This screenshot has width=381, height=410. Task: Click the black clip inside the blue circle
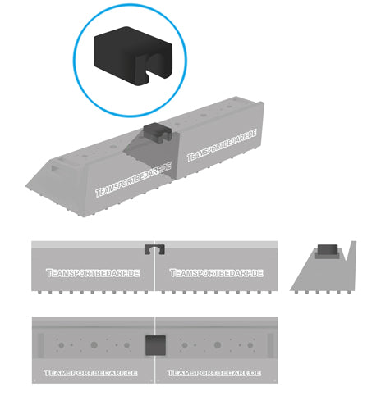pos(133,55)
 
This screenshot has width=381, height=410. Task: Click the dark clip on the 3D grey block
pos(158,132)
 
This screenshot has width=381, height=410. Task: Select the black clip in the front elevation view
pos(154,249)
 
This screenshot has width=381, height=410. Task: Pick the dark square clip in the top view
pos(155,345)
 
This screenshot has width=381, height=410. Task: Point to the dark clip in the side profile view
pos(328,249)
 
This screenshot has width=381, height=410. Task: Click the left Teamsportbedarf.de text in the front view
pos(93,273)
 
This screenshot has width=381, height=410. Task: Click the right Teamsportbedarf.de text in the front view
pos(217,273)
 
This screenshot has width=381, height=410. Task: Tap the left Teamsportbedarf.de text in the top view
pos(90,373)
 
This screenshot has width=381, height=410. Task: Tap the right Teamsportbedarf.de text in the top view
pos(214,373)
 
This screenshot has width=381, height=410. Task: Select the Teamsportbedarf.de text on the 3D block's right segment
pos(222,145)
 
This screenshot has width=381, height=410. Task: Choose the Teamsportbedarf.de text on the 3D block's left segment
pos(133,180)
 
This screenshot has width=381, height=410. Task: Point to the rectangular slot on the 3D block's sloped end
pos(55,168)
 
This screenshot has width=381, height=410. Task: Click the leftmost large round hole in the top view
pos(62,345)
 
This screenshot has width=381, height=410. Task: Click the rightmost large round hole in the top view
pos(250,345)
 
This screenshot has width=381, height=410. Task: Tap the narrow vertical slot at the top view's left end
pos(40,345)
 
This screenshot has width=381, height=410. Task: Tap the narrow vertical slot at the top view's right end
pos(270,345)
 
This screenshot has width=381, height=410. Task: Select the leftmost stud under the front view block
pos(39,293)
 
